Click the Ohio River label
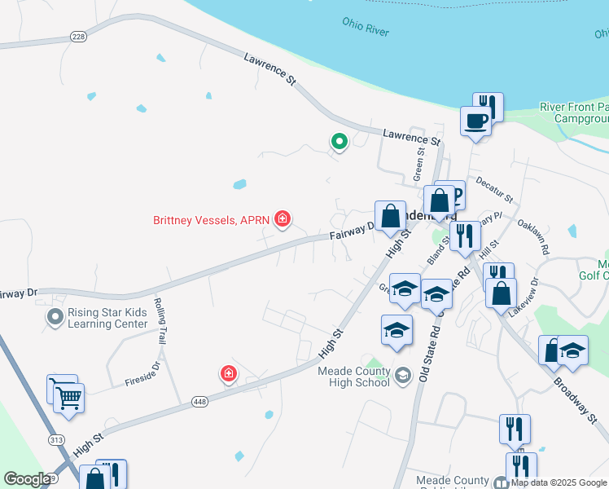click(366, 26)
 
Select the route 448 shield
click(200, 401)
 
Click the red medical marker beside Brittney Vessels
click(283, 219)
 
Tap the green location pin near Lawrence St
click(339, 142)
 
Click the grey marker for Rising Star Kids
click(55, 316)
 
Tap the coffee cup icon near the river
click(476, 122)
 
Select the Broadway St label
click(575, 400)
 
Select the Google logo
click(27, 479)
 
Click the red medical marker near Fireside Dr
click(230, 374)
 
